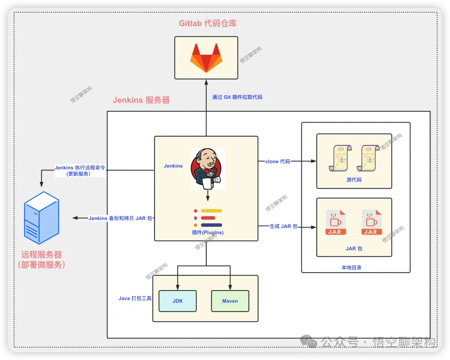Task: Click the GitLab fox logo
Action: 206,57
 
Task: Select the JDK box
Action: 177,301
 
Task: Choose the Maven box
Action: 230,301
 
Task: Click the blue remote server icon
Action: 41,217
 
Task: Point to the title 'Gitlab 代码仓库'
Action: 207,23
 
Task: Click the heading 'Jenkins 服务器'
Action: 141,100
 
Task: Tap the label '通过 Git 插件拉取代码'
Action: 237,97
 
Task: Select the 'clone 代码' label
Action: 277,161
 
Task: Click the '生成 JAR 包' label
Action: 283,226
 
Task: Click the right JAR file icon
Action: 371,223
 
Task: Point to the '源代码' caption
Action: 354,180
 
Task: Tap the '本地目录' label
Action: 351,267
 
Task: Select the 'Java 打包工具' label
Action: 135,298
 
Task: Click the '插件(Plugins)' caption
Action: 207,232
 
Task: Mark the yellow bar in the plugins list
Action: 211,211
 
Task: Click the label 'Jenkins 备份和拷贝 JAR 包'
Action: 120,218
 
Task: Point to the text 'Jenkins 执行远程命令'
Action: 80,167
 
